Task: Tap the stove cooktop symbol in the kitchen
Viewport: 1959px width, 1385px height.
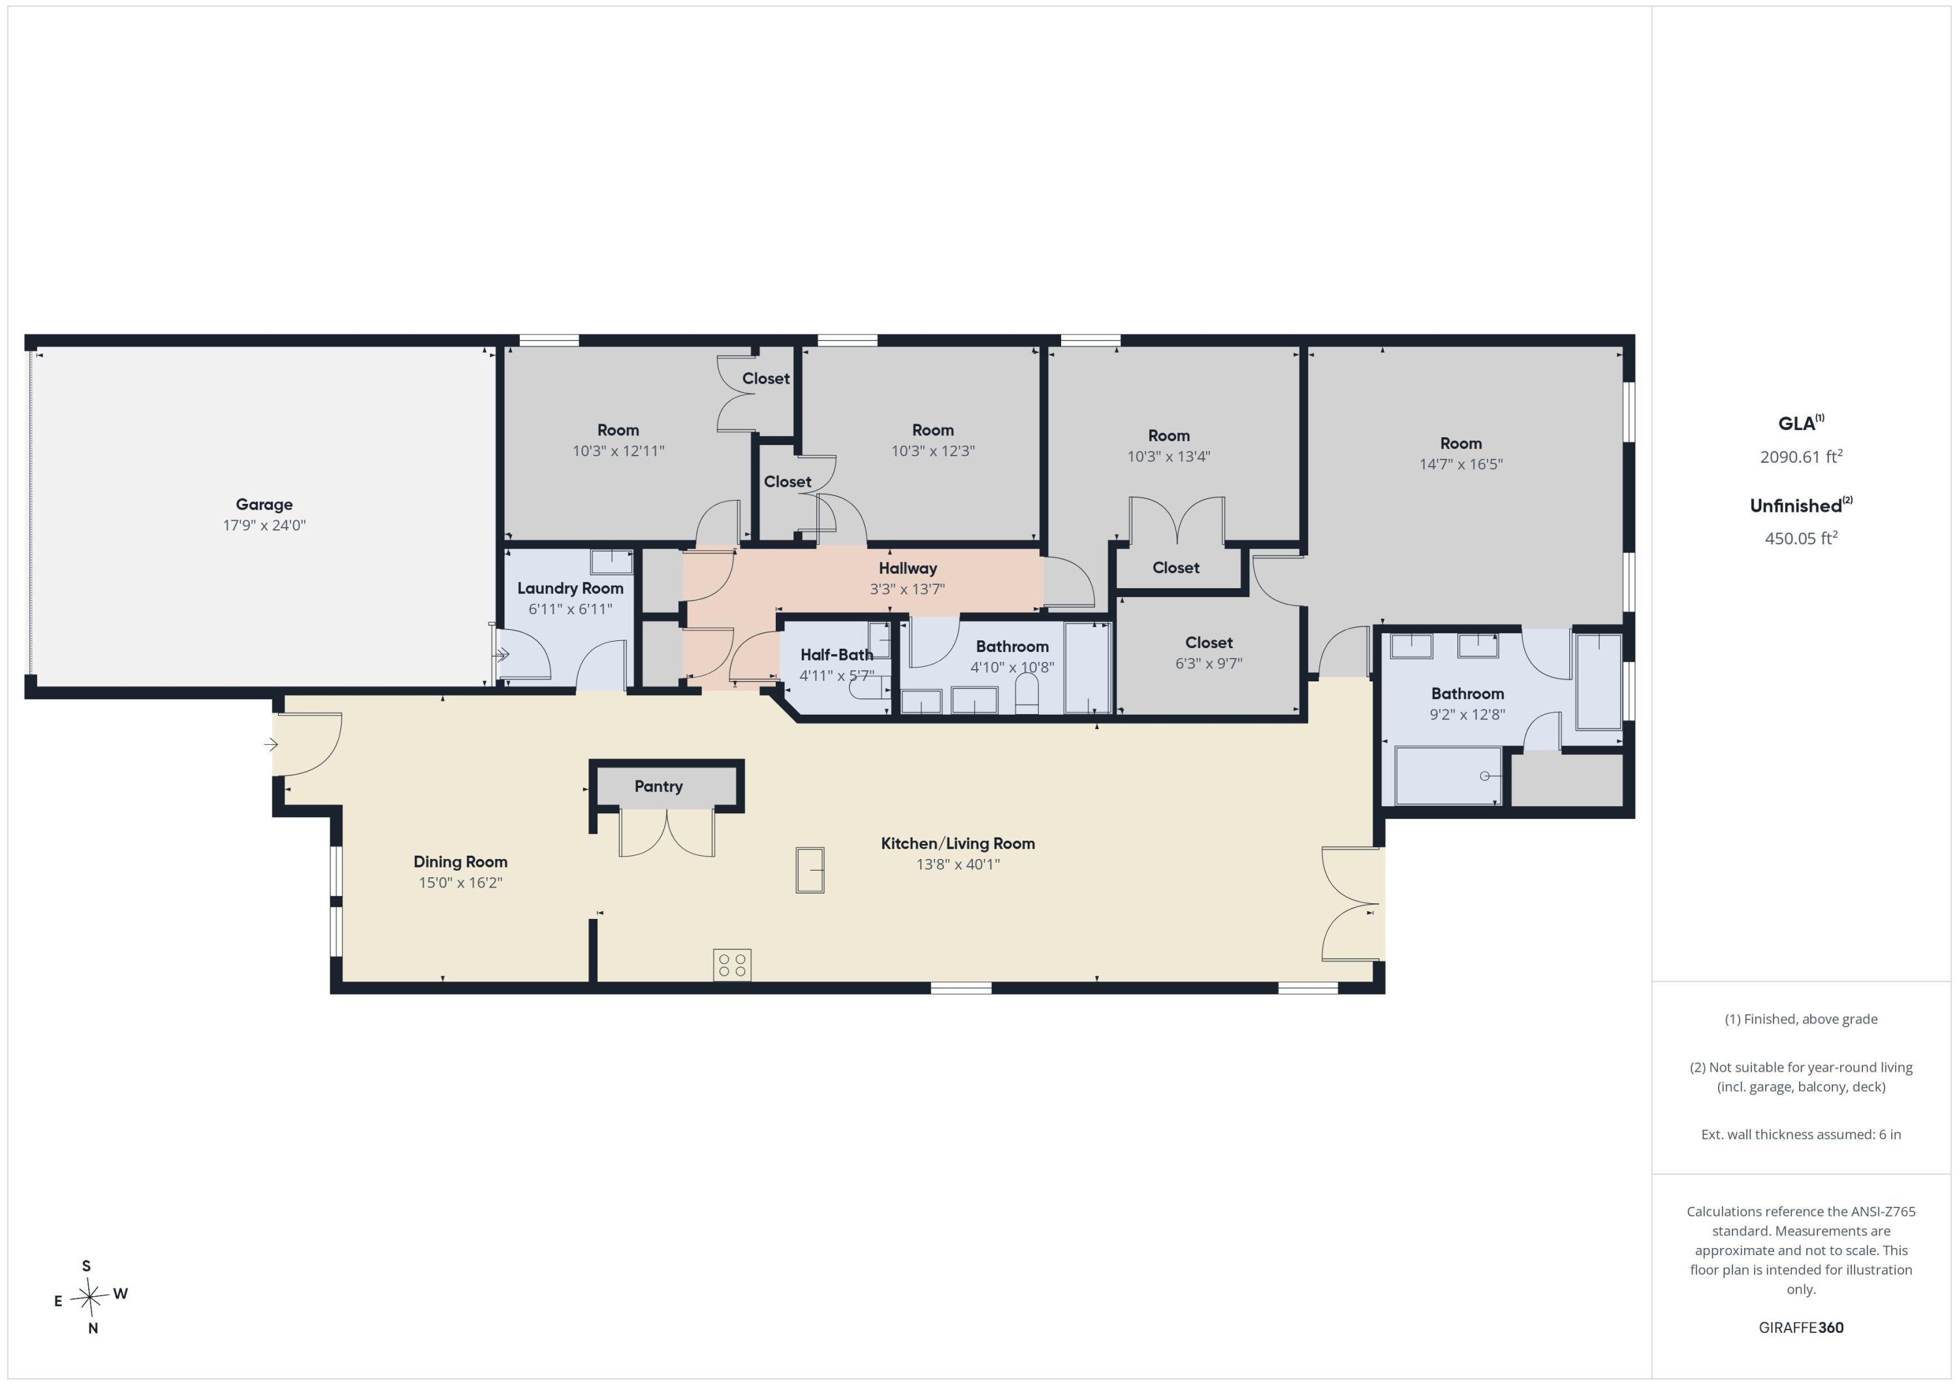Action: point(732,965)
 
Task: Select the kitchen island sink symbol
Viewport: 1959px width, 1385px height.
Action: point(810,870)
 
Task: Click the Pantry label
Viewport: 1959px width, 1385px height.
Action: point(659,786)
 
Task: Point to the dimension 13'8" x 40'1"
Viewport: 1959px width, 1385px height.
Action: point(958,864)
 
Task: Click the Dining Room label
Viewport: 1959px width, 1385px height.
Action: point(461,862)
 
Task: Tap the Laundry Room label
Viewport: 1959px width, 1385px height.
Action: point(570,589)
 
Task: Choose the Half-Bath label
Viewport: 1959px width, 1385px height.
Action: point(836,655)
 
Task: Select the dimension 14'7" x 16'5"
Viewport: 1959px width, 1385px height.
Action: point(1461,465)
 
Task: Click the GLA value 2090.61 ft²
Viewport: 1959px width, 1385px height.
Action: point(1801,456)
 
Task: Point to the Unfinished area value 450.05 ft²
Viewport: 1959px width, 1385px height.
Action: point(1801,538)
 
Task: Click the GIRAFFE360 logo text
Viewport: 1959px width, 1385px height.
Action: point(1801,1328)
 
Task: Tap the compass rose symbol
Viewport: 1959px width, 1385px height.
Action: point(89,1297)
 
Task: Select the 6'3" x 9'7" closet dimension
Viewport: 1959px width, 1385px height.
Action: point(1209,664)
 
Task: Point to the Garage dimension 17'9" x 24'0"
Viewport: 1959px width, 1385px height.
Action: point(264,525)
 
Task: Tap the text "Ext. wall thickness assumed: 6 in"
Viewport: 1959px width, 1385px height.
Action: point(1801,1134)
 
